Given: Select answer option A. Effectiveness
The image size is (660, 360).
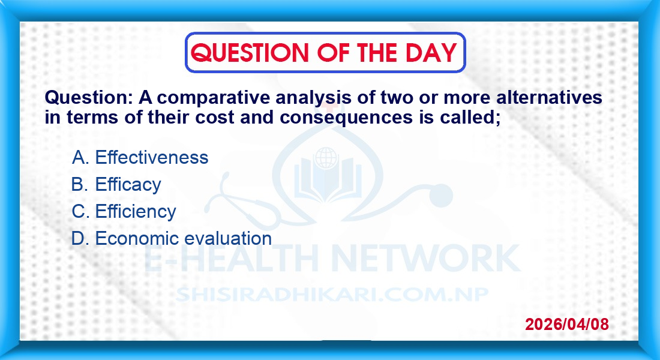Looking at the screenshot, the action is pyautogui.click(x=140, y=157).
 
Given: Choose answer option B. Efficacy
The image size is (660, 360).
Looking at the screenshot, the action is pyautogui.click(x=116, y=184).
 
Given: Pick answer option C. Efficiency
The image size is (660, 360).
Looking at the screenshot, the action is pyautogui.click(x=124, y=211).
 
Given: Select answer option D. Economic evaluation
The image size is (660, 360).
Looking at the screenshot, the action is pyautogui.click(x=172, y=238).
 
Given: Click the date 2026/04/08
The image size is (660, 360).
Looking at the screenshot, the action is pyautogui.click(x=566, y=324).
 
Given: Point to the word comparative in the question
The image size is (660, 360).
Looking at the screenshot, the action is pyautogui.click(x=213, y=98).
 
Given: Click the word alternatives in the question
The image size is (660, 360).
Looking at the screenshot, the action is pyautogui.click(x=549, y=97).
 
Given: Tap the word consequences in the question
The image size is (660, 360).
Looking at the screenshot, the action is pyautogui.click(x=346, y=118).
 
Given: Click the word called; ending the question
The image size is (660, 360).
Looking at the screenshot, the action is pyautogui.click(x=470, y=117).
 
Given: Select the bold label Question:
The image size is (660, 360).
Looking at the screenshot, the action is pyautogui.click(x=89, y=98).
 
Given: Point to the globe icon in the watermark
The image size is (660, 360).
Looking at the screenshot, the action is pyautogui.click(x=326, y=158).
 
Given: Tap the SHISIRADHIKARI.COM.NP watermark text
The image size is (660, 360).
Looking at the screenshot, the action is pyautogui.click(x=332, y=295).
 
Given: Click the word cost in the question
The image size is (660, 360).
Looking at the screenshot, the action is pyautogui.click(x=214, y=118).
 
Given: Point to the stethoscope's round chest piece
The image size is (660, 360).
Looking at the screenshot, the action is pyautogui.click(x=440, y=196).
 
